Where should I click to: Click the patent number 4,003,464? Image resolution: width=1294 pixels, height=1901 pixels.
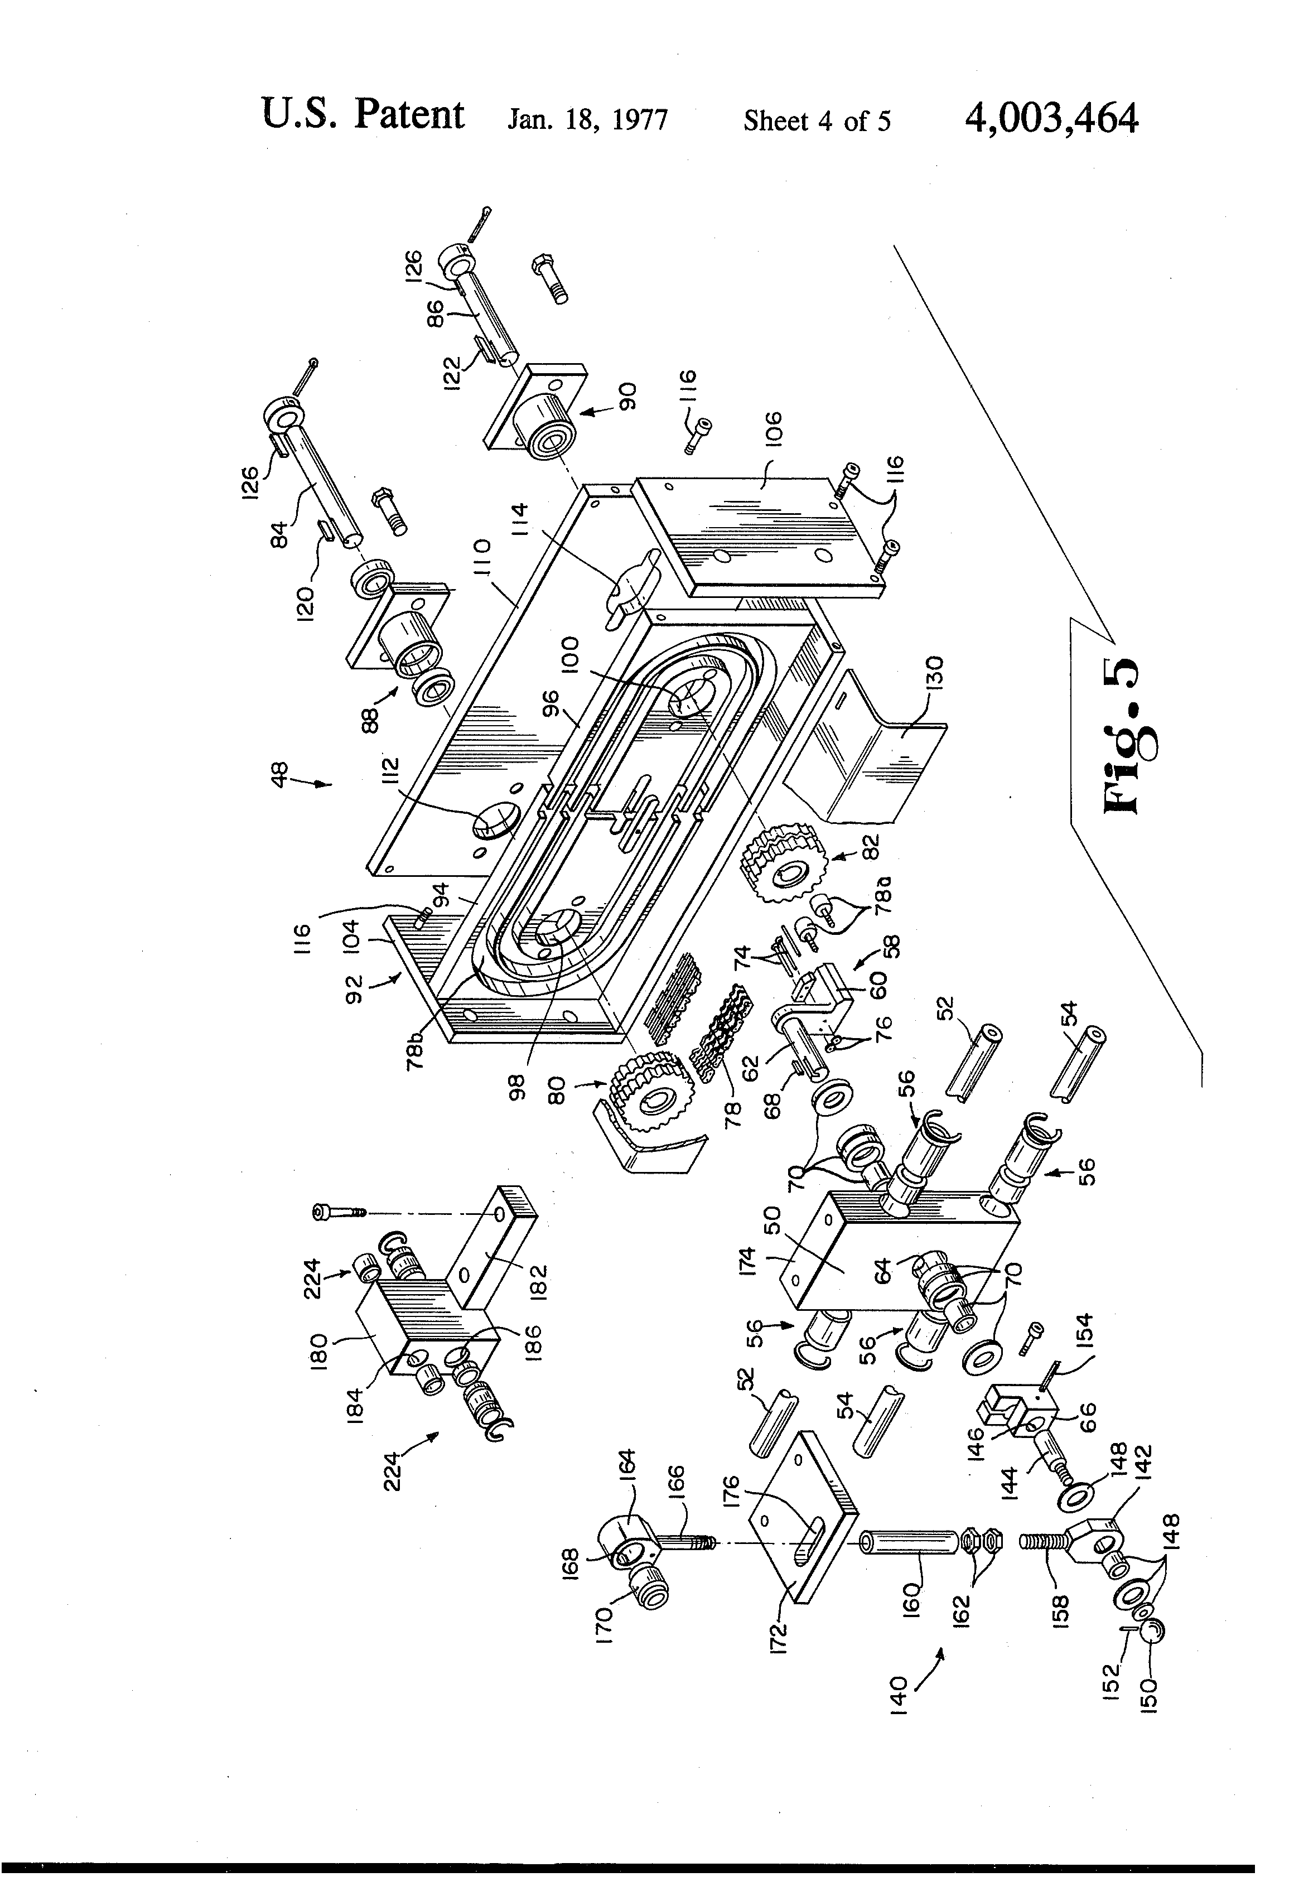[x=1051, y=119]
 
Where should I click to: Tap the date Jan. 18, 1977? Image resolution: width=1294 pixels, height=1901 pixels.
[x=587, y=120]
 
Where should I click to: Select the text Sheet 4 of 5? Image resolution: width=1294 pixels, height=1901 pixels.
[x=817, y=121]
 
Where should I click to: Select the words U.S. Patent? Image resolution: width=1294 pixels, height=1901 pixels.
[x=363, y=115]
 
